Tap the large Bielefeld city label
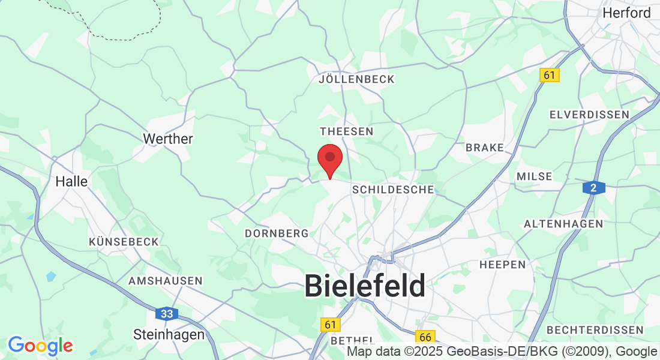(365, 286)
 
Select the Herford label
(626, 13)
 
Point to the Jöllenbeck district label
(357, 79)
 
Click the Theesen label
(347, 131)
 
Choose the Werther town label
(168, 139)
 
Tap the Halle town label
(71, 181)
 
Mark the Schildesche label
(393, 190)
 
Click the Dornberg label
(277, 233)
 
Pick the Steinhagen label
(169, 334)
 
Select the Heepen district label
(502, 264)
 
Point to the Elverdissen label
(589, 114)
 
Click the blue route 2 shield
(593, 188)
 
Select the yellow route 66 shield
(425, 336)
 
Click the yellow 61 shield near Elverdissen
(549, 75)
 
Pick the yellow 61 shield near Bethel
(329, 325)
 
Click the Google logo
(40, 346)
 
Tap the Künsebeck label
(124, 241)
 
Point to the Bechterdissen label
(595, 330)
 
